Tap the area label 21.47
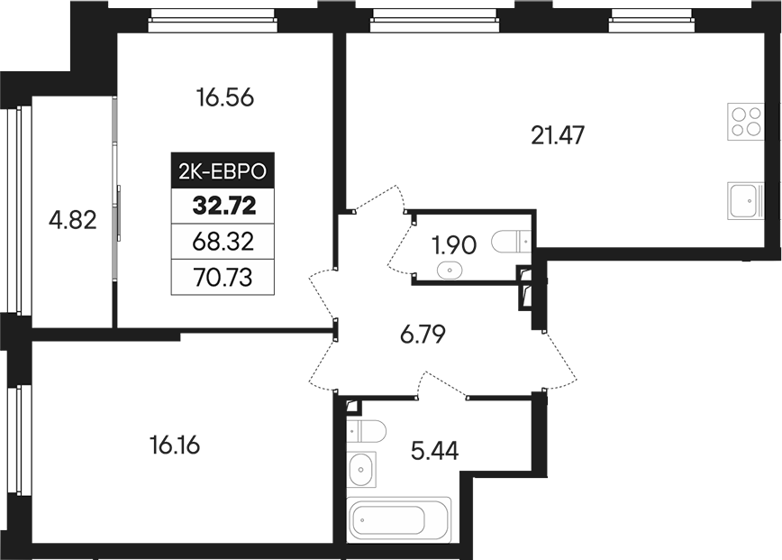pyautogui.click(x=559, y=136)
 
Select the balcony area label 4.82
pyautogui.click(x=74, y=219)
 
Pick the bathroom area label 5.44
pyautogui.click(x=434, y=450)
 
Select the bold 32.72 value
pyautogui.click(x=223, y=205)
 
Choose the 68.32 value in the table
pyautogui.click(x=223, y=240)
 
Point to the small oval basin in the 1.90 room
pyautogui.click(x=448, y=269)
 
